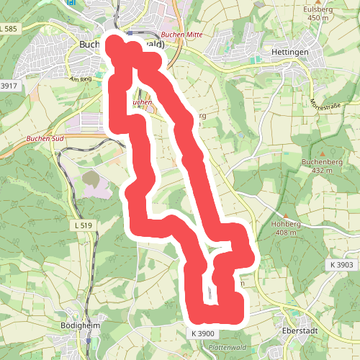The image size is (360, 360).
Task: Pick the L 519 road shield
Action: point(84,225)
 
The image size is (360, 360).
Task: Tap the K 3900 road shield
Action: point(204,333)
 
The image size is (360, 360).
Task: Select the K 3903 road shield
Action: point(342,265)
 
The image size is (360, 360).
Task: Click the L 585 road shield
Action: point(9,28)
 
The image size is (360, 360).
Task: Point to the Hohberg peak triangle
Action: point(287,215)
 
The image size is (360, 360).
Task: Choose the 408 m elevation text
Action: point(287,233)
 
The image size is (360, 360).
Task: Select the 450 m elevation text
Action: point(318,18)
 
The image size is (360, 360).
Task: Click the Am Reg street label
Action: point(81,80)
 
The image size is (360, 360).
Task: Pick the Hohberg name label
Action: point(285,224)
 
